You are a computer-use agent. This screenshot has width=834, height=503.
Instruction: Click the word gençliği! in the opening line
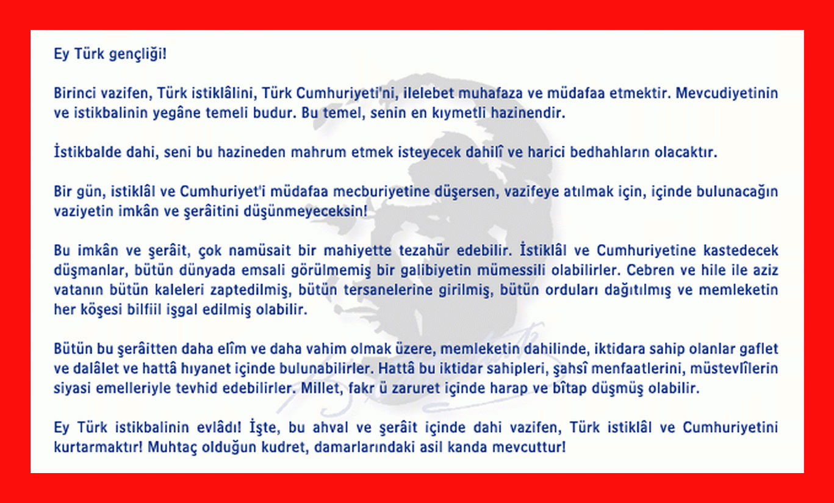[x=138, y=55]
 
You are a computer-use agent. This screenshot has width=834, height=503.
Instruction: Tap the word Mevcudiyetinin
[x=727, y=93]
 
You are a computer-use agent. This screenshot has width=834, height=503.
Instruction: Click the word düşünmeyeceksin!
[x=305, y=212]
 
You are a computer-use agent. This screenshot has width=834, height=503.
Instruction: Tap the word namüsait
[x=259, y=250]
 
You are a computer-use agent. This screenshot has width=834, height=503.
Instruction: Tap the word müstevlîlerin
[x=734, y=369]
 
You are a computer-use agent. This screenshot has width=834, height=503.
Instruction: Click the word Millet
[x=322, y=389]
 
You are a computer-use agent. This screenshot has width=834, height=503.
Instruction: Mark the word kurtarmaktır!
[x=98, y=447]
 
